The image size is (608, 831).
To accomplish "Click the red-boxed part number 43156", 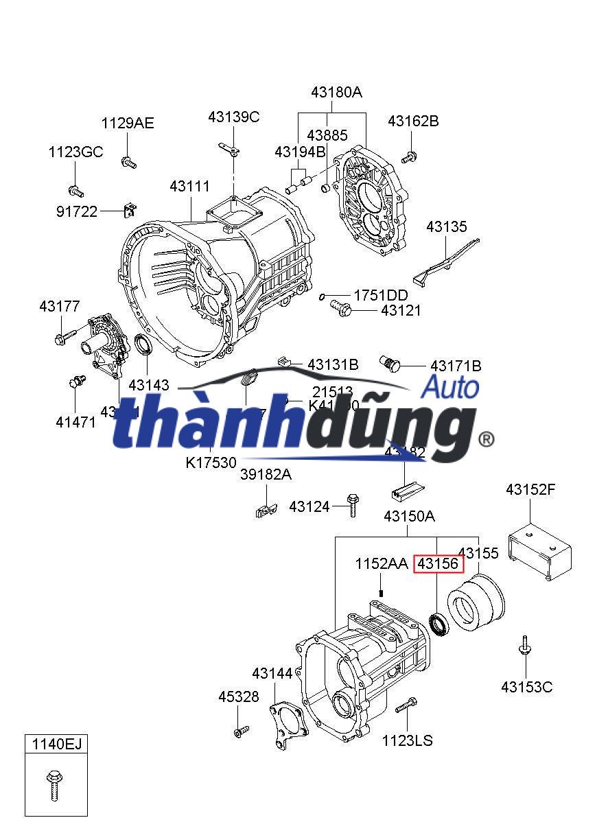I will tap(439, 564).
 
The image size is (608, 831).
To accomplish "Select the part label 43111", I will tap(190, 187).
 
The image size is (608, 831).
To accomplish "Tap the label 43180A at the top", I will tap(336, 92).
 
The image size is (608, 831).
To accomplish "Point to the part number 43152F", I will tap(530, 489).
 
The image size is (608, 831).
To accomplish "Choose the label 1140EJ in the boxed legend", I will tap(56, 742).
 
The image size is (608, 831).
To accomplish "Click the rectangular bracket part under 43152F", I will tap(539, 552).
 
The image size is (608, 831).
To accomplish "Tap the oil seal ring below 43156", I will tap(438, 624).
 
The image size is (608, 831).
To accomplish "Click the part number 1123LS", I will tap(407, 740).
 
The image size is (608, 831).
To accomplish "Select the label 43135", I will tap(446, 227).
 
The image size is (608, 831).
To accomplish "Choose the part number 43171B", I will tap(455, 366).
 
